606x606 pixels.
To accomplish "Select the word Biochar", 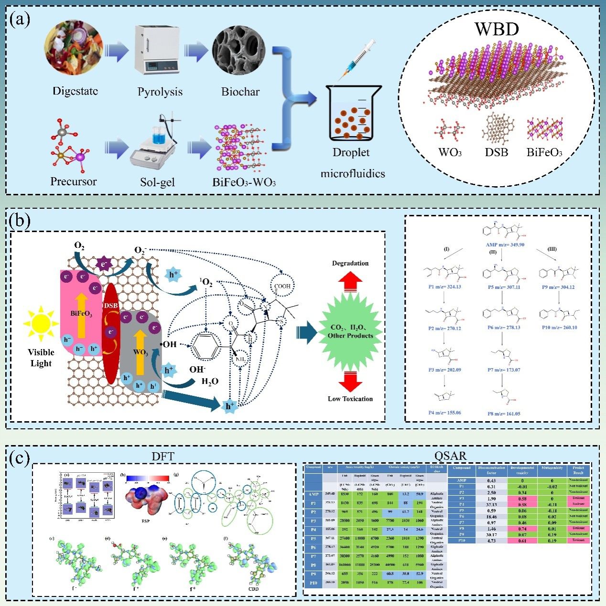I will pos(240,92).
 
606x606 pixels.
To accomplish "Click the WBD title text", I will pos(497,30).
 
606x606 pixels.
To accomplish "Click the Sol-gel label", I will pos(158,182).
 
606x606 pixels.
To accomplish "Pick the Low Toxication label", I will pos(350,399).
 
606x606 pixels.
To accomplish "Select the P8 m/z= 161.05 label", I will pos(504,414).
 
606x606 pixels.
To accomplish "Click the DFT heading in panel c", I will pos(162,456).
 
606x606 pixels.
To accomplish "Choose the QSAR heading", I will pos(450,456).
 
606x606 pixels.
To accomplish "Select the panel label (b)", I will pos(19,221).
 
